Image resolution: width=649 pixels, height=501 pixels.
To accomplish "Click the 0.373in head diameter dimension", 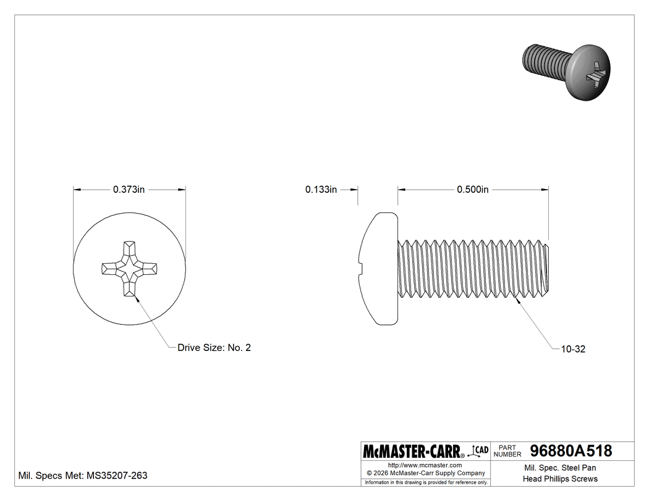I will point(129,190).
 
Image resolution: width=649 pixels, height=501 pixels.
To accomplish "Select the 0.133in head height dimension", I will point(321,190).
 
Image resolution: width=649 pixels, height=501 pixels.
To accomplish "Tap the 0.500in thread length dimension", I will point(473,190).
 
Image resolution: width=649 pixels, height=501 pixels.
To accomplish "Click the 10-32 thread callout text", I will point(573,349).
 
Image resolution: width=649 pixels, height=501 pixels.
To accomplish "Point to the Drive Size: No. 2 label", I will point(214,348).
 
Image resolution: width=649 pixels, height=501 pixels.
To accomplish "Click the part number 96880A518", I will point(571,451).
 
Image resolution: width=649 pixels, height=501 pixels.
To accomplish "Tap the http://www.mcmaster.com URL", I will point(425,465).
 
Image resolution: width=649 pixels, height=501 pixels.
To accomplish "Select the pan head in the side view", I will point(378,269).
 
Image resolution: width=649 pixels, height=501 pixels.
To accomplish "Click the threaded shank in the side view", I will point(473,269).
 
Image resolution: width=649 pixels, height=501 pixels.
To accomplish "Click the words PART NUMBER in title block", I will point(508,451).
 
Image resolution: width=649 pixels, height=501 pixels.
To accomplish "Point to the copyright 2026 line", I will point(425,473).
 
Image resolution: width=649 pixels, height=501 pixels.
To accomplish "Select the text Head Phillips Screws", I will point(560,479).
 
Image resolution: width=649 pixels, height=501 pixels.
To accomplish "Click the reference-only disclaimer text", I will point(426,482).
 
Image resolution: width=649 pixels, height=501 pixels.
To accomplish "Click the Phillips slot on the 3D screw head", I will point(595,73).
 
